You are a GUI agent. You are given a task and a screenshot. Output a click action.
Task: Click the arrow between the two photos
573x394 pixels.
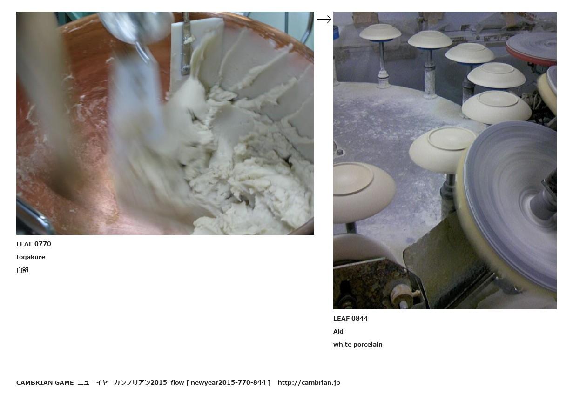tap(324, 19)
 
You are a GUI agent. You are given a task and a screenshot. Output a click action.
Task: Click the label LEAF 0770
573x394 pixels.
tap(34, 244)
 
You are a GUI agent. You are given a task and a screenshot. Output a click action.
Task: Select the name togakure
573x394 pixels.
tap(31, 257)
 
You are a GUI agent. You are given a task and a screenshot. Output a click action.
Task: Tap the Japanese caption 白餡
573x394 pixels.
tap(22, 270)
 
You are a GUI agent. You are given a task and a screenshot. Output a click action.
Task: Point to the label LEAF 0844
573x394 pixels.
tap(351, 318)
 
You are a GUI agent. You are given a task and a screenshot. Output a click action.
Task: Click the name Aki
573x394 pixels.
tap(338, 331)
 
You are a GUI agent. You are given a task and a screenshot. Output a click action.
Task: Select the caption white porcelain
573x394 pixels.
tap(357, 344)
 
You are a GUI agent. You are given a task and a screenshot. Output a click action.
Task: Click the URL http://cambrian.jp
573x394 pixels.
tap(309, 383)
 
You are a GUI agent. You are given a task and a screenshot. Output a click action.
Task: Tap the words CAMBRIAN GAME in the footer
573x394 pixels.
tap(45, 383)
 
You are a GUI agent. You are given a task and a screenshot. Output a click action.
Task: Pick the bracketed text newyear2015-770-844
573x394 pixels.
tap(228, 383)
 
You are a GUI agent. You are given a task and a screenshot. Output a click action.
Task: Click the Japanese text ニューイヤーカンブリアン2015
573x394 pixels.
tap(122, 383)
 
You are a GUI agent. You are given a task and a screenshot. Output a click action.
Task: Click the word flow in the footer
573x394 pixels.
tap(177, 383)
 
